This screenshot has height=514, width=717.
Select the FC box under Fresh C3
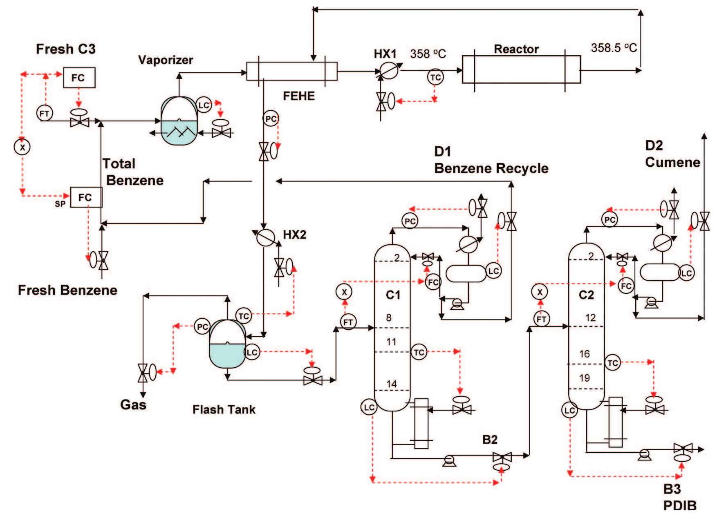point(79,78)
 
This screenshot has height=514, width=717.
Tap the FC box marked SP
point(86,197)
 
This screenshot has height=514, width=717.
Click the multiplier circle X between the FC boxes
point(22,147)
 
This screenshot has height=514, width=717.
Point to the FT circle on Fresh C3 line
point(45,113)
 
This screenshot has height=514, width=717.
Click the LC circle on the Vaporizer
point(203,105)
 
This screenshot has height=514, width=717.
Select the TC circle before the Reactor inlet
point(435,77)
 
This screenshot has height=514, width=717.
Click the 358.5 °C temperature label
point(614,48)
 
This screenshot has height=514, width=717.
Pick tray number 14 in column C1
point(391,384)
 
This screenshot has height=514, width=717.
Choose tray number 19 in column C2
point(585,378)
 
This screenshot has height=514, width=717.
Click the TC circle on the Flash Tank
point(244,316)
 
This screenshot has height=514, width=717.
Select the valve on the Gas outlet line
point(143,372)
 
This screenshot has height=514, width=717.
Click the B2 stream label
point(490,440)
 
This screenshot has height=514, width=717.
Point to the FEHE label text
point(299,96)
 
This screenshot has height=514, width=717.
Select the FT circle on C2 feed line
point(541,319)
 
